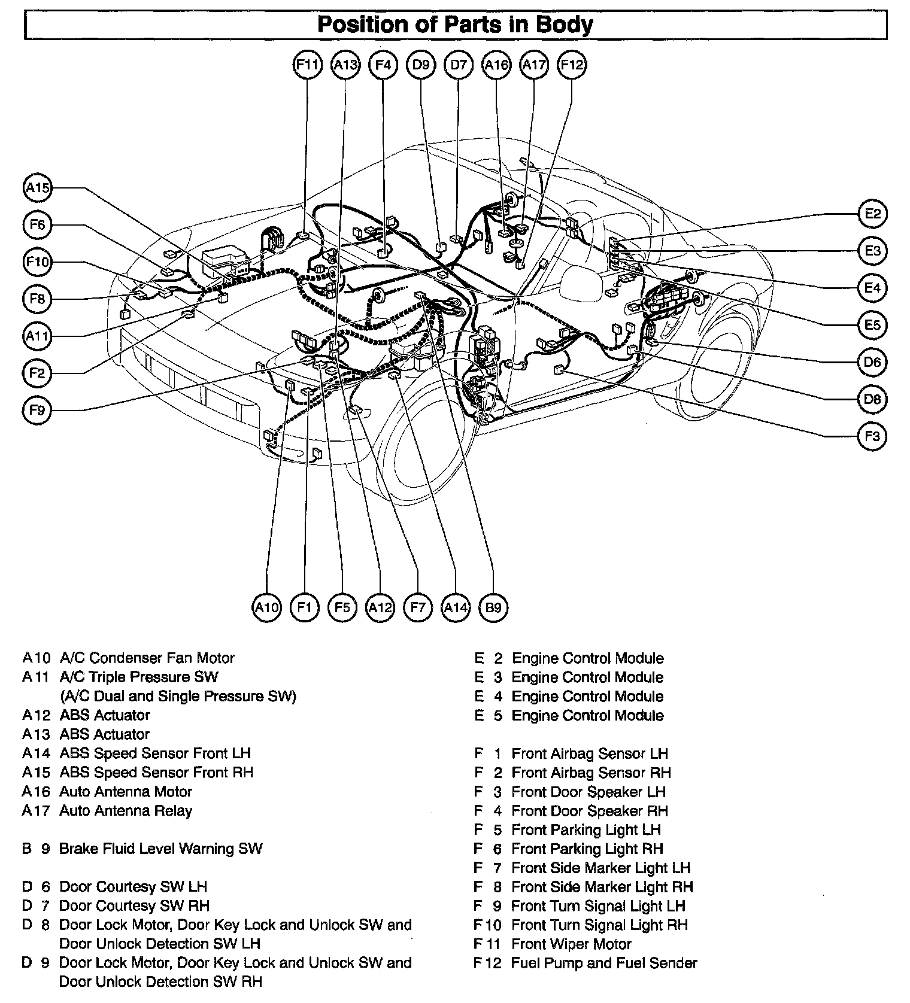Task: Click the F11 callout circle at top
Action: tap(308, 65)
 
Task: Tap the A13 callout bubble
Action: tap(345, 65)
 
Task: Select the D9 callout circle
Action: tap(421, 65)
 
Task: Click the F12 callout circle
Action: tap(571, 65)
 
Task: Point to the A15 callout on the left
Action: tap(37, 188)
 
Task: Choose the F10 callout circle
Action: tap(37, 262)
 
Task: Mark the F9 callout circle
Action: tap(37, 411)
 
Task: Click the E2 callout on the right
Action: tap(872, 214)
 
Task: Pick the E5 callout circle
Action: tap(872, 325)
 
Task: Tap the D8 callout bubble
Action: tap(872, 399)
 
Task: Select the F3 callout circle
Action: tap(872, 436)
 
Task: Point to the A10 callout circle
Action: tap(267, 608)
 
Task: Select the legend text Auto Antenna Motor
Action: tap(126, 792)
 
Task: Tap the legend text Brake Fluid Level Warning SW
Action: tap(160, 849)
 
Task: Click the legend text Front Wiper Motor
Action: tap(571, 944)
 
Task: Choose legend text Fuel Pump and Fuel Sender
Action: tap(604, 963)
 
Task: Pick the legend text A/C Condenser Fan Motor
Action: tap(147, 658)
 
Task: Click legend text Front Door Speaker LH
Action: tap(589, 792)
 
